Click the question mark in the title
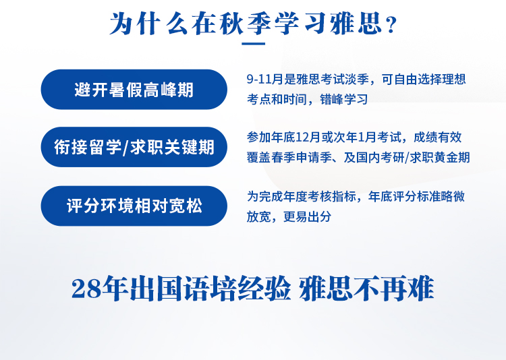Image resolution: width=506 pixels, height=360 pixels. pyautogui.click(x=391, y=25)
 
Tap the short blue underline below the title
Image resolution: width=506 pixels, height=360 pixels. pyautogui.click(x=253, y=44)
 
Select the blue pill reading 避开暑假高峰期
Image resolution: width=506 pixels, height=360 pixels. pyautogui.click(x=134, y=90)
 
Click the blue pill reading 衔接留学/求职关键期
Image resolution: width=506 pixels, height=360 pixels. pyautogui.click(x=134, y=147)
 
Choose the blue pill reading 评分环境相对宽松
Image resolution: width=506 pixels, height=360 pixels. pyautogui.click(x=134, y=206)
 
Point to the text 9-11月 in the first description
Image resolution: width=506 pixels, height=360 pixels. pyautogui.click(x=265, y=80)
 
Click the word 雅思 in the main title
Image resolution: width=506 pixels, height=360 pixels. pyautogui.click(x=356, y=24)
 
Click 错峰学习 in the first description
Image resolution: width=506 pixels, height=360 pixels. pyautogui.click(x=343, y=99)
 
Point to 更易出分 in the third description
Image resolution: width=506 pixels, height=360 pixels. pyautogui.click(x=307, y=217)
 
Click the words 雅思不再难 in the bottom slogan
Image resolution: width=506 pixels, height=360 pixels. pyautogui.click(x=366, y=289)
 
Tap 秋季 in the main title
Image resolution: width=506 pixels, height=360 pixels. pyautogui.click(x=246, y=24)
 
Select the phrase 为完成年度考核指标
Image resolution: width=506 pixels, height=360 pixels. pyautogui.click(x=302, y=196)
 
